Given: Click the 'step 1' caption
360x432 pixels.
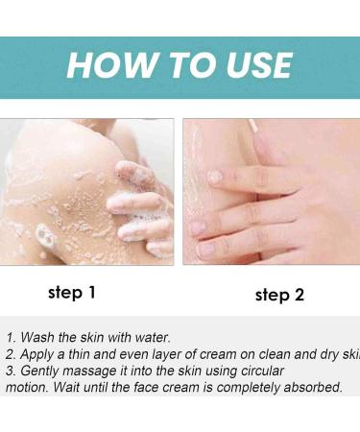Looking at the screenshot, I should (72, 292).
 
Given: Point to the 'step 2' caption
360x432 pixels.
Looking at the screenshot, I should (279, 294).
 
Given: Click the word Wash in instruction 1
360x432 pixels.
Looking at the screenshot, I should (39, 337).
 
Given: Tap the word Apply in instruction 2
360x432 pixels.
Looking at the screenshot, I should (40, 354).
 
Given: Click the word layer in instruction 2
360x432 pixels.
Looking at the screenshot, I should (163, 354).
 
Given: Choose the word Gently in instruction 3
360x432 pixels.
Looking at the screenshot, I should (42, 371).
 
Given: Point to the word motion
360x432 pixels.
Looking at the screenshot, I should (26, 387).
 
